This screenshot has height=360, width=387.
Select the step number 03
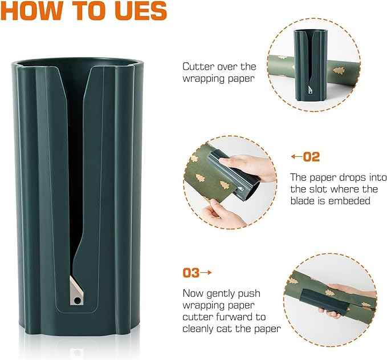[x=191, y=273]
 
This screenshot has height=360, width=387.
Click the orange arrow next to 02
[x=296, y=156]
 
